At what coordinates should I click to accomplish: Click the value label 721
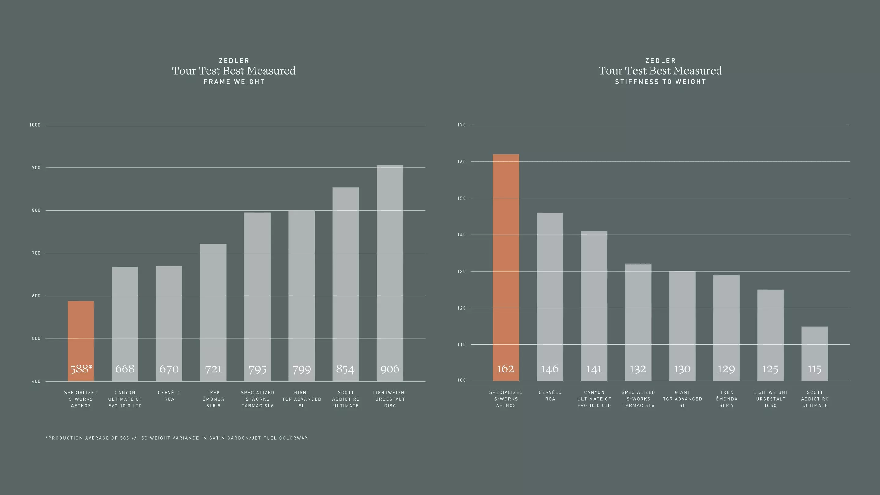point(213,369)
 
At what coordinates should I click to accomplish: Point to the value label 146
point(550,369)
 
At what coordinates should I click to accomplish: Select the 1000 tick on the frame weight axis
point(35,125)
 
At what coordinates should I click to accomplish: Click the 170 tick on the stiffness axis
point(461,125)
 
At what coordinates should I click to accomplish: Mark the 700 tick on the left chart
point(36,253)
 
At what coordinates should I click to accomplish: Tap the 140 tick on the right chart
point(461,235)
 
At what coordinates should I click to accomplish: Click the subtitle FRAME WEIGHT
point(234,82)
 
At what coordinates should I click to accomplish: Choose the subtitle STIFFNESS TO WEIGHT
point(660,82)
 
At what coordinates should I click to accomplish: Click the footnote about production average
point(177,438)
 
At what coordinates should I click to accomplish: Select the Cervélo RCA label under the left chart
point(169,396)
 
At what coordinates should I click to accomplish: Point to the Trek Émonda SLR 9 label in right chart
point(727,399)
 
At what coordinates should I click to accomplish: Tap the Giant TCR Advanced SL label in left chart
point(302,399)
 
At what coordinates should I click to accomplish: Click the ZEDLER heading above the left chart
point(234,61)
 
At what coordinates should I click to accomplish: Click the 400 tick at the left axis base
point(36,381)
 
